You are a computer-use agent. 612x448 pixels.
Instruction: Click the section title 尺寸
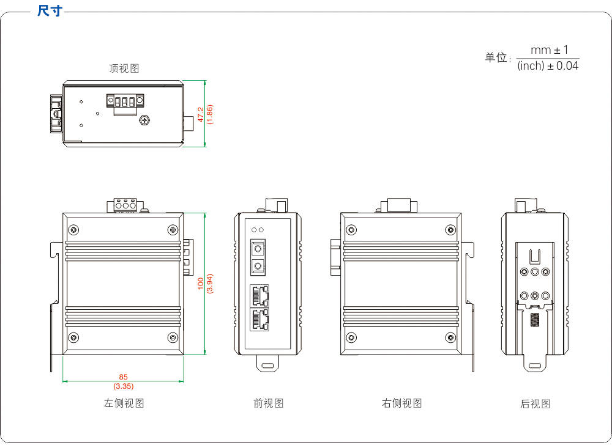click(49, 11)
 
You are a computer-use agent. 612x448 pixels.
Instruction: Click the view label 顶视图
click(124, 68)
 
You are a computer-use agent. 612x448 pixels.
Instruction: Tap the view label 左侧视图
click(124, 403)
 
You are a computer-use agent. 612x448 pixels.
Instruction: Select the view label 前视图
click(269, 403)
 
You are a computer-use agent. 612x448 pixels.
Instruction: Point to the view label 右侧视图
click(402, 403)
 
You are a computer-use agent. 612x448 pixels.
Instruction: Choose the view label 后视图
click(535, 404)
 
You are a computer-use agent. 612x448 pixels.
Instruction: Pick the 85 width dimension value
click(124, 377)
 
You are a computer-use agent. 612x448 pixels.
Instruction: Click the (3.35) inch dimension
click(124, 386)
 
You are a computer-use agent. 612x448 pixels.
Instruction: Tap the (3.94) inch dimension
click(209, 284)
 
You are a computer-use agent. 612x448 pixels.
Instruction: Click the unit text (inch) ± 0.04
click(548, 66)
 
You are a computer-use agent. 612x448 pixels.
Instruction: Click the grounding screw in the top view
click(145, 120)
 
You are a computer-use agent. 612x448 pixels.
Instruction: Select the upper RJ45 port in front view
click(259, 296)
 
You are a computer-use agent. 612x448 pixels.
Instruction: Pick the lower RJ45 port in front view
click(259, 320)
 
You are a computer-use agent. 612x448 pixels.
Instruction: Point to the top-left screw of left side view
click(74, 230)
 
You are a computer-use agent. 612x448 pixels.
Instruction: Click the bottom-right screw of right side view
click(451, 337)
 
